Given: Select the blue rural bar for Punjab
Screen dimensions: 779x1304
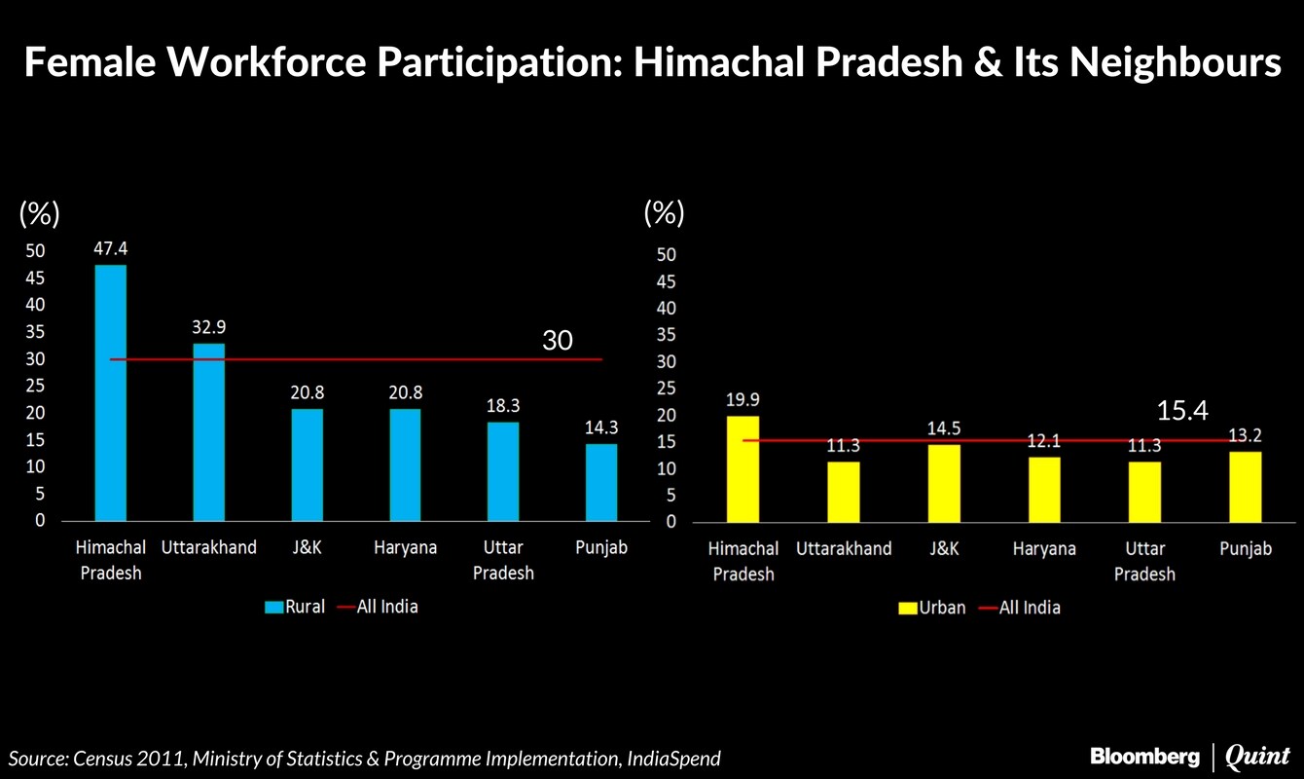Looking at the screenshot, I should click(600, 482).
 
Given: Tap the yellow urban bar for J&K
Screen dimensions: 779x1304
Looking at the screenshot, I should click(943, 482).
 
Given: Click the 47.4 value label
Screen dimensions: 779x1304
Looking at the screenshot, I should click(110, 248).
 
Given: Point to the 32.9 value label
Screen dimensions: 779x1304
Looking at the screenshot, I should click(208, 327).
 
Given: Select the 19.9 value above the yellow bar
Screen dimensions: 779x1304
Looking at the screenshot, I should click(743, 399).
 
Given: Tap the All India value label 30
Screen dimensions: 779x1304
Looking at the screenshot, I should click(558, 341).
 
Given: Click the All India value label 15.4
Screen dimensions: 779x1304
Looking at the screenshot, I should click(1182, 411).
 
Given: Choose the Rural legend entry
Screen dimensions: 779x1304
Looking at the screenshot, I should click(295, 607).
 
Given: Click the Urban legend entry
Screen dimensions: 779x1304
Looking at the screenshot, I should click(931, 608).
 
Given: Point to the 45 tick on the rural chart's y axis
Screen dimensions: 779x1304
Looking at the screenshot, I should click(36, 278).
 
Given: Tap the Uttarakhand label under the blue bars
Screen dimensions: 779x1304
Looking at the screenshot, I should click(208, 547).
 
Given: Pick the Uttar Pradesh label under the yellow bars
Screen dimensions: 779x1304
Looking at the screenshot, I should click(1144, 561).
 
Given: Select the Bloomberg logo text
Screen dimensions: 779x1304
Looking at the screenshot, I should click(1145, 756).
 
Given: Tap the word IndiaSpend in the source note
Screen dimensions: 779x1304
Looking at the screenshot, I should click(672, 759).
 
